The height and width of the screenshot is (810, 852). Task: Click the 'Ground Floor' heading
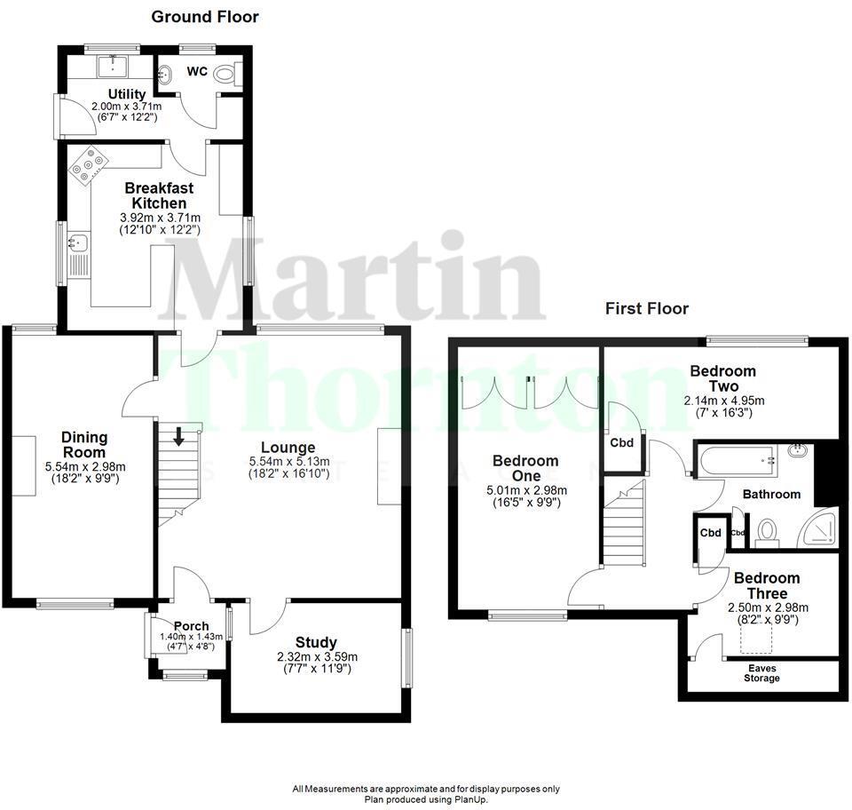pos(204,16)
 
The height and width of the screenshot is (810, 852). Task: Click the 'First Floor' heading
pos(647,309)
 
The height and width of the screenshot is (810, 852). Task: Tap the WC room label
pos(197,71)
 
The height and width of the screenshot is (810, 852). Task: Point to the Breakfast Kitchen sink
pos(77,242)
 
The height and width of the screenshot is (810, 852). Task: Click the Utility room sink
pos(114,63)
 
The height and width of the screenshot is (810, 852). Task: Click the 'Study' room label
pos(316,642)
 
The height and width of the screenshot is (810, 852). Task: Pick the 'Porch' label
pos(190,627)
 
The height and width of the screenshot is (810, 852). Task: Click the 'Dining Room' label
pos(84,444)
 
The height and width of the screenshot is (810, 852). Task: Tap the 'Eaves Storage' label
pos(761,673)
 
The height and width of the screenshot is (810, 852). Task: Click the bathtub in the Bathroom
pos(735,460)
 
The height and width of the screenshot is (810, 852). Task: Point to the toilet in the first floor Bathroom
pos(767,532)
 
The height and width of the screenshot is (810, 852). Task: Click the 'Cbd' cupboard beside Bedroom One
pos(622,442)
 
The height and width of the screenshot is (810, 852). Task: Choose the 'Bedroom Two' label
pos(722,378)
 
